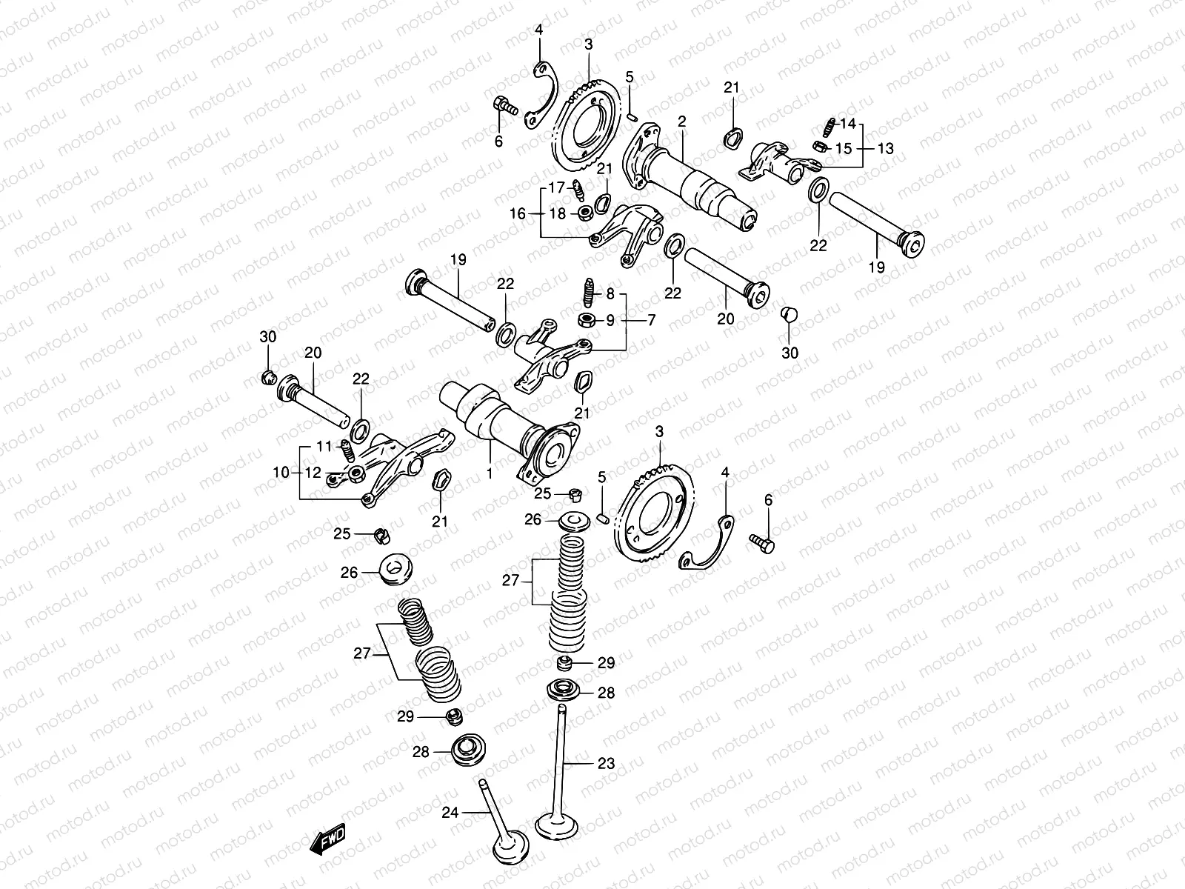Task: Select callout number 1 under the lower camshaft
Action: tap(490, 470)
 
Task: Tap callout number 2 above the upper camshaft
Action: tap(681, 121)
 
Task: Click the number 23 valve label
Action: tap(606, 764)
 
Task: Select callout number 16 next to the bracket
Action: tap(517, 213)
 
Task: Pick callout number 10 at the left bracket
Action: tap(281, 472)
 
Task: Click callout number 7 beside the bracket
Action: tap(652, 321)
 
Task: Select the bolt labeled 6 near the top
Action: tap(504, 107)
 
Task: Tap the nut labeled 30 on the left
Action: tap(269, 379)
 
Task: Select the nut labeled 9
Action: tap(584, 321)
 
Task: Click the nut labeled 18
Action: tap(584, 214)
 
